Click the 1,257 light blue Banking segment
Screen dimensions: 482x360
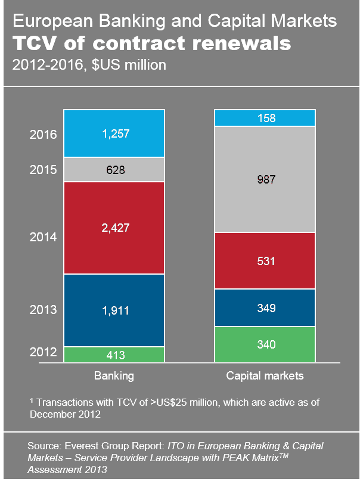(114, 133)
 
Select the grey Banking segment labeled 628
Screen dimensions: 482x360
(114, 170)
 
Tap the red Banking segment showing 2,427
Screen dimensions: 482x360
(114, 228)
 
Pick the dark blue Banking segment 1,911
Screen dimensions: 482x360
(114, 310)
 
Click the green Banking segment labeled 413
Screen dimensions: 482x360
(114, 355)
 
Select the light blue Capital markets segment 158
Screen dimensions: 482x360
(264, 118)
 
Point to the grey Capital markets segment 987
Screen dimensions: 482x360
(264, 179)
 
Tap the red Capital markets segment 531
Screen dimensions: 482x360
(264, 260)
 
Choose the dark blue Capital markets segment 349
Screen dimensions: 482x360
(264, 307)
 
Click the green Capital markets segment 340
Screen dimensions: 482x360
(264, 344)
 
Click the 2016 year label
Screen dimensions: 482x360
(43, 134)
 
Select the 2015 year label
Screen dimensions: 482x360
(43, 170)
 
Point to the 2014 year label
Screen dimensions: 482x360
(43, 237)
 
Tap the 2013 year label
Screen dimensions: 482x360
(43, 310)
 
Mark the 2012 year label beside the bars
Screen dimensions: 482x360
(43, 352)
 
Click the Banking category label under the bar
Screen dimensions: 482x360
(114, 376)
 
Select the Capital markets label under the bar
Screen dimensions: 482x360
(265, 376)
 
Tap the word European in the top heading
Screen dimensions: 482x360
(51, 23)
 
